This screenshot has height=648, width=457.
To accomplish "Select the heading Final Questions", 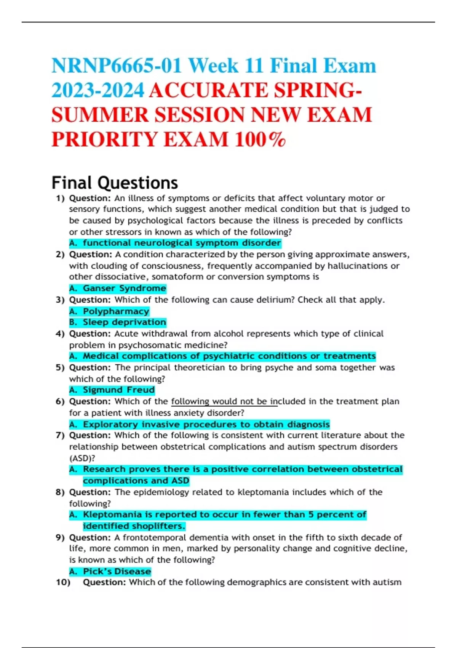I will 115,183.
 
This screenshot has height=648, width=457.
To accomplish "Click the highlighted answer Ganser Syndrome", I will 124,289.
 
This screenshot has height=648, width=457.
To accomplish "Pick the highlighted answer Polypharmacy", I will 116,311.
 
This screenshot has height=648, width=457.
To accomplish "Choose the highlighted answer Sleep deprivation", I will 124,322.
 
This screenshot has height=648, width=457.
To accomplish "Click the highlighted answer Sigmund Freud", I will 118,390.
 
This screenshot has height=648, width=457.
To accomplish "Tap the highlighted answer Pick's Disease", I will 117,571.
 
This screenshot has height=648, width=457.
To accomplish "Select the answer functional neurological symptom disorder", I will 182,243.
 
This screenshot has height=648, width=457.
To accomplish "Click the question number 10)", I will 63,582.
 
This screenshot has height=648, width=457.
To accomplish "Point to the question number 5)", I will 60,368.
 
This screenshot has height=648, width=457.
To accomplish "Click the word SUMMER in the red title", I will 100,115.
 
